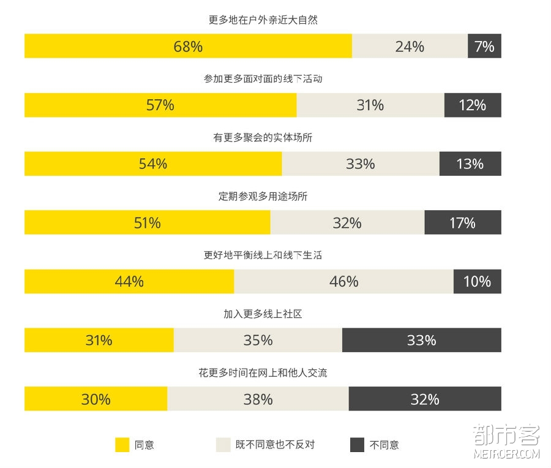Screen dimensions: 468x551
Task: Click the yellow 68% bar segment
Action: (x=188, y=47)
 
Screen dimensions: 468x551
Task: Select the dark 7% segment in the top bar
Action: (x=484, y=47)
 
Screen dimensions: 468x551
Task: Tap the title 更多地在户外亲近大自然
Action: (x=263, y=20)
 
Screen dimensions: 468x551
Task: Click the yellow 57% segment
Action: (x=160, y=105)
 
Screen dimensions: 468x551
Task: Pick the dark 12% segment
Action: (x=472, y=105)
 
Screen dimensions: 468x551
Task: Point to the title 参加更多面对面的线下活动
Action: (x=263, y=79)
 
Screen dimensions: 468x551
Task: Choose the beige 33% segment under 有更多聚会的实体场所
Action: (x=361, y=164)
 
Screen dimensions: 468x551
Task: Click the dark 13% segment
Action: (x=470, y=164)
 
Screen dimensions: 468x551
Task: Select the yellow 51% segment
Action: (x=147, y=223)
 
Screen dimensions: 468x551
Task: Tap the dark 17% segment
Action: (x=462, y=223)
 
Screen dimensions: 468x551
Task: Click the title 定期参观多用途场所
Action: (x=263, y=197)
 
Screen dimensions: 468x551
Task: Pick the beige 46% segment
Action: (x=343, y=282)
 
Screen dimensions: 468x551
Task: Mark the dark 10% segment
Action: (x=477, y=282)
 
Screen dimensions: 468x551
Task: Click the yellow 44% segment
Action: (x=129, y=282)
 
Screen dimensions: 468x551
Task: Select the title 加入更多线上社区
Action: (x=263, y=314)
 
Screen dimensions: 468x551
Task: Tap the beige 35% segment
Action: (x=258, y=341)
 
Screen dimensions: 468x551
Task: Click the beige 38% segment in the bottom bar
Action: (x=258, y=399)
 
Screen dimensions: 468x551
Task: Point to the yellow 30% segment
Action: (x=96, y=399)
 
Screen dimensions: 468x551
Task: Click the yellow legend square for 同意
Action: (x=122, y=445)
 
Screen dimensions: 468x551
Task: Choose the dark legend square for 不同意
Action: (x=357, y=445)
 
